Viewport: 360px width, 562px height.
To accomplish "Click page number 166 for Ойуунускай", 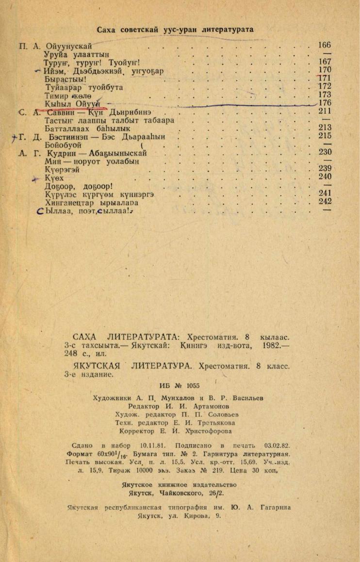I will [x=325, y=46].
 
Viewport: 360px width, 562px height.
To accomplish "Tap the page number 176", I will [x=325, y=103].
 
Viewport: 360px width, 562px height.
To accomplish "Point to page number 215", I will [x=325, y=136].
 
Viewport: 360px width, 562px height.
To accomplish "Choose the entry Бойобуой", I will [x=63, y=145].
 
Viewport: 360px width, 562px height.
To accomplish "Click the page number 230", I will [x=325, y=152].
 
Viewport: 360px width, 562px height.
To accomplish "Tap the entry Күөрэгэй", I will [x=62, y=169].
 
